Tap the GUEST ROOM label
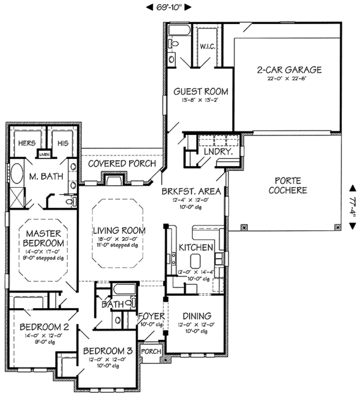(x=195, y=92)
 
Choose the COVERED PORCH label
(x=122, y=164)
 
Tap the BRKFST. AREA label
(x=192, y=191)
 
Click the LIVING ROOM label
(x=117, y=230)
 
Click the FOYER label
(x=148, y=315)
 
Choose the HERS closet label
(x=26, y=143)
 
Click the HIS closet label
(x=63, y=143)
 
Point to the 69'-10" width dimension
(x=169, y=7)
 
